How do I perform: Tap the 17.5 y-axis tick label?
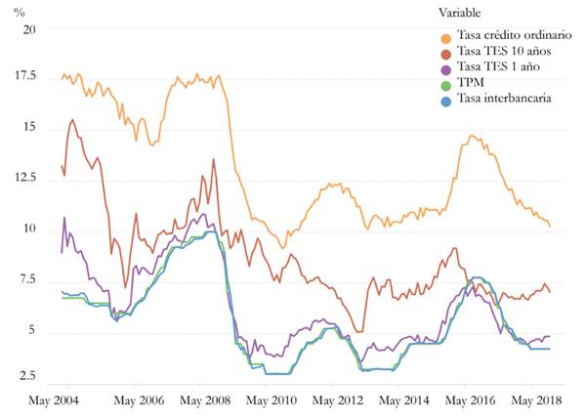click(24, 76)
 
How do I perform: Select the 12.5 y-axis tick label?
click(24, 179)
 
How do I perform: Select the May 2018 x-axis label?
click(535, 401)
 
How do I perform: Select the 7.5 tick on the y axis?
click(27, 281)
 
